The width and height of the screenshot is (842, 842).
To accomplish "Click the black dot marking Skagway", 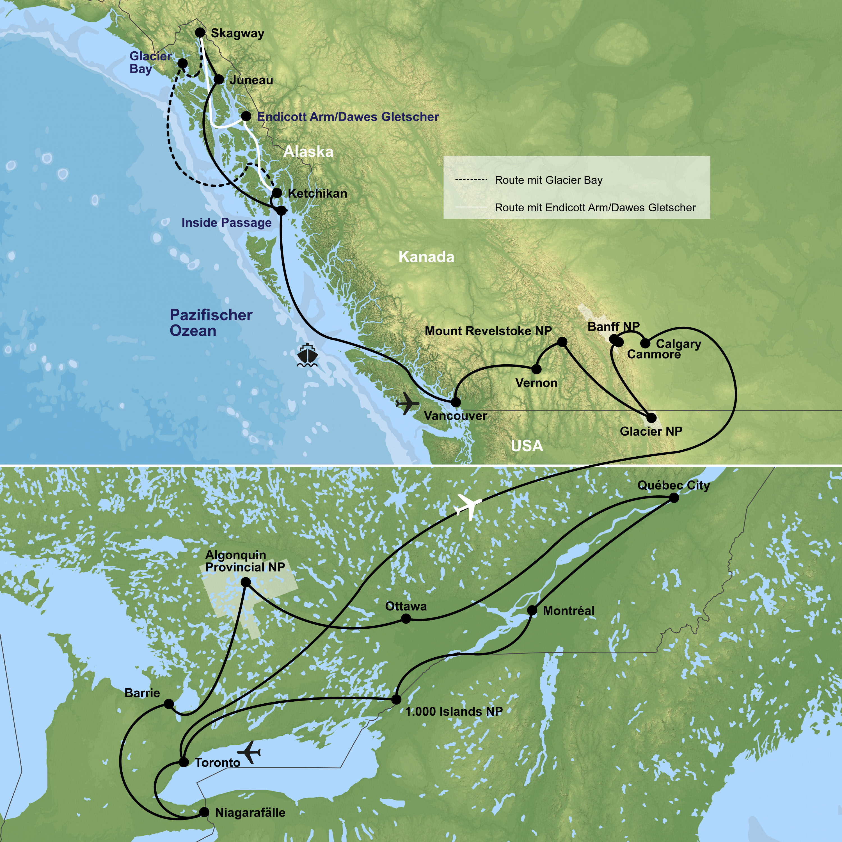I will [200, 33].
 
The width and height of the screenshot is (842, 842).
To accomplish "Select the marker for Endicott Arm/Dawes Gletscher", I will [246, 116].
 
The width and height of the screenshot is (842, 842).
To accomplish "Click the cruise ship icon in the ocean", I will [307, 355].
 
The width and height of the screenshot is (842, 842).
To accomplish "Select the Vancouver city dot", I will [456, 402].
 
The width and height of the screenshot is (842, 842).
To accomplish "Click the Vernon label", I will [536, 383].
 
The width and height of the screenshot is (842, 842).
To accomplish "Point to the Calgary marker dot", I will [645, 344].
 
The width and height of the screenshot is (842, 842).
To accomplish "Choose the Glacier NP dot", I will [651, 418].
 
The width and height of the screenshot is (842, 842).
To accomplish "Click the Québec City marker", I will [674, 498].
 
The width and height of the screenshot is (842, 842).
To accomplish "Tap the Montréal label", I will [568, 611].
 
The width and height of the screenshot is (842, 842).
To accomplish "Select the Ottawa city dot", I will [406, 618].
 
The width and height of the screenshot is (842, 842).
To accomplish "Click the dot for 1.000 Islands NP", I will [396, 699].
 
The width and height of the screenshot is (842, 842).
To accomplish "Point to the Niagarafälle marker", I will [204, 812].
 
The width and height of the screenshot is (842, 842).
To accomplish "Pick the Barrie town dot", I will [169, 704].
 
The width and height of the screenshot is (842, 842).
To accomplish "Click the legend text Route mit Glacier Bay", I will [548, 180].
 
